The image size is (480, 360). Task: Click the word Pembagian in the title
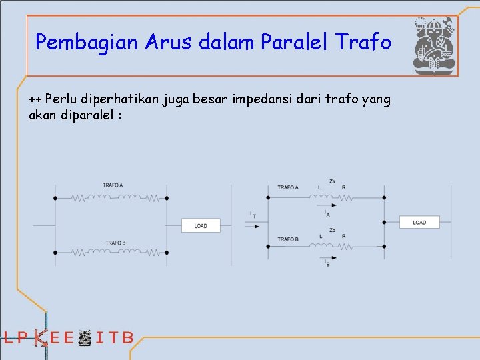pos(75,43)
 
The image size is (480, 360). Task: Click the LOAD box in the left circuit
pos(201,225)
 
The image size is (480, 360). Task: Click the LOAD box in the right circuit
pos(419,222)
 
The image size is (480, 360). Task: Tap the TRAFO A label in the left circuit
pos(113,185)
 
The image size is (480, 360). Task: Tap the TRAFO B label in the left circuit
pos(115,243)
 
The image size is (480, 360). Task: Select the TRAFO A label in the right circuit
pos(288,187)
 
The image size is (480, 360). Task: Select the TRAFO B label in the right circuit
pos(288,239)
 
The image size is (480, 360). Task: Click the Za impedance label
pos(332,181)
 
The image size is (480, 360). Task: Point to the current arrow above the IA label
pos(327,206)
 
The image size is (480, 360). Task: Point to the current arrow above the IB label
pos(327,257)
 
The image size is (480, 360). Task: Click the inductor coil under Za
pos(322,197)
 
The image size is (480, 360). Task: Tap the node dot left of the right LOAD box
pos(383,222)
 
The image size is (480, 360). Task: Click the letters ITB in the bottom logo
pos(115,337)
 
